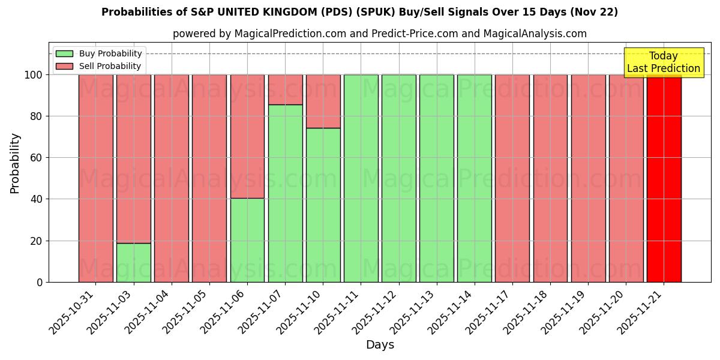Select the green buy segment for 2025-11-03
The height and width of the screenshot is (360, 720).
coord(133,262)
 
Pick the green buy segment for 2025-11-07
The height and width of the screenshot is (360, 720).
coord(285,193)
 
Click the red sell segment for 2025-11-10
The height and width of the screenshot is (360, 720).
coord(323,101)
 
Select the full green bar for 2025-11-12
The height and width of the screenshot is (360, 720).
coord(398,178)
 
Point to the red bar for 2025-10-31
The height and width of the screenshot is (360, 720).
coord(95,178)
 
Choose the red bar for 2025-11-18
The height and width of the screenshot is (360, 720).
coord(550,178)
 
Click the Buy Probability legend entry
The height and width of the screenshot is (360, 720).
coord(99,53)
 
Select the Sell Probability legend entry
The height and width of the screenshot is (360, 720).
coord(99,66)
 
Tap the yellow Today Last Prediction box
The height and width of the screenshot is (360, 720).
coord(663,62)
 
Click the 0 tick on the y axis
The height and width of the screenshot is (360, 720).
coord(40,282)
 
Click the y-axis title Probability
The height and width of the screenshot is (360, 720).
coord(15,163)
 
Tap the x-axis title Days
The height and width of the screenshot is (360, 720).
coord(380,345)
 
